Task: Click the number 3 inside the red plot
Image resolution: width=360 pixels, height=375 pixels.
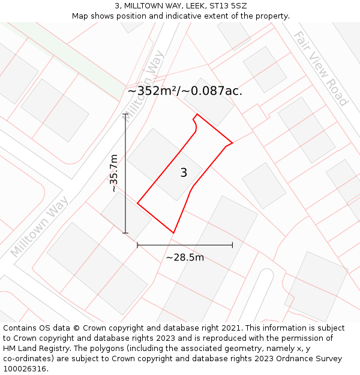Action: coord(184,173)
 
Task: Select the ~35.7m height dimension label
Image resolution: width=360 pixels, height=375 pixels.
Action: coord(113,173)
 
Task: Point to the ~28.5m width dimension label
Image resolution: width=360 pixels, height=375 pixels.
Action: coord(185,257)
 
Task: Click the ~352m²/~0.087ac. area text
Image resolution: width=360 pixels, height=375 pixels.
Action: coord(185,91)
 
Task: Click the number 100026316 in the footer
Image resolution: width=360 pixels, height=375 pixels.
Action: coord(25,369)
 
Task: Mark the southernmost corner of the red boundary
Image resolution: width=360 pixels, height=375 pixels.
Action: coord(173,233)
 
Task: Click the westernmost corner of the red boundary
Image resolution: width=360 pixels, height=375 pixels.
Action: coord(137,203)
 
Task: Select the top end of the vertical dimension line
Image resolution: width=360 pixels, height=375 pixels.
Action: coord(125,113)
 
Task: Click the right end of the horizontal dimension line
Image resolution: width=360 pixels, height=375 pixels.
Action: coord(232,245)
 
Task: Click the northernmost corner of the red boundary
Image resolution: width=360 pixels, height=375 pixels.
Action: coord(197,114)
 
